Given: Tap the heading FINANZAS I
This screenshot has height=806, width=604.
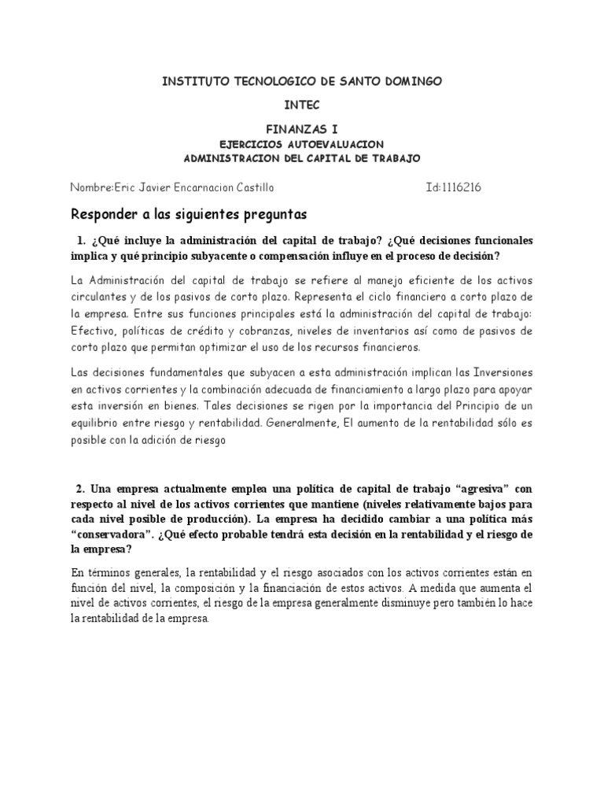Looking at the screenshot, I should pyautogui.click(x=302, y=127).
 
